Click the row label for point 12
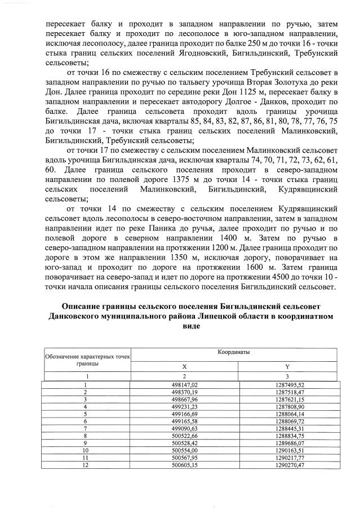86,465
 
